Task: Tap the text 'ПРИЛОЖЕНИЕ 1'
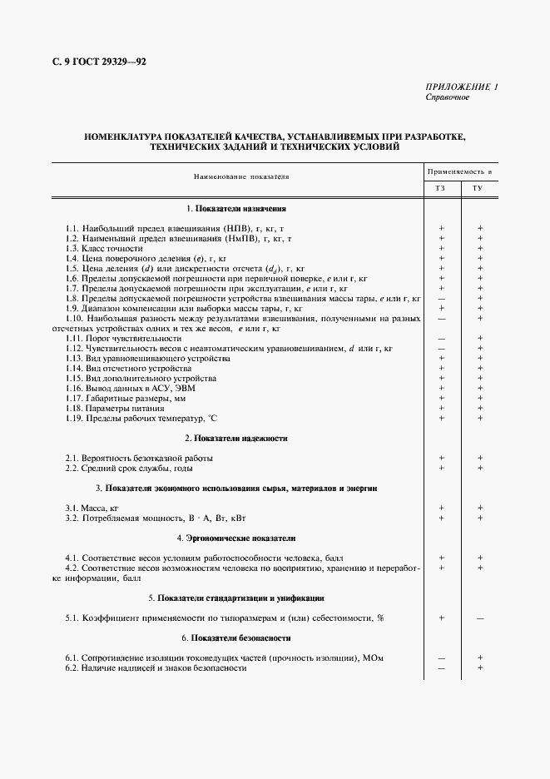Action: tap(462, 87)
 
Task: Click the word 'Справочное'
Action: tap(448, 97)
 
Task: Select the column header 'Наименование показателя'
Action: tap(241, 177)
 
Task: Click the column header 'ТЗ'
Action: tap(441, 189)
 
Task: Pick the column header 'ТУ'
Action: tap(479, 189)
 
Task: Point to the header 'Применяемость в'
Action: tap(460, 171)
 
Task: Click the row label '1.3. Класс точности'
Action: tap(104, 249)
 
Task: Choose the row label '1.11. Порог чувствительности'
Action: tap(123, 339)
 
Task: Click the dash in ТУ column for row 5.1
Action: tap(480, 618)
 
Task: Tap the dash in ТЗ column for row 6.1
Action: tap(441, 658)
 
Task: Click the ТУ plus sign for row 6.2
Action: tap(480, 668)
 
